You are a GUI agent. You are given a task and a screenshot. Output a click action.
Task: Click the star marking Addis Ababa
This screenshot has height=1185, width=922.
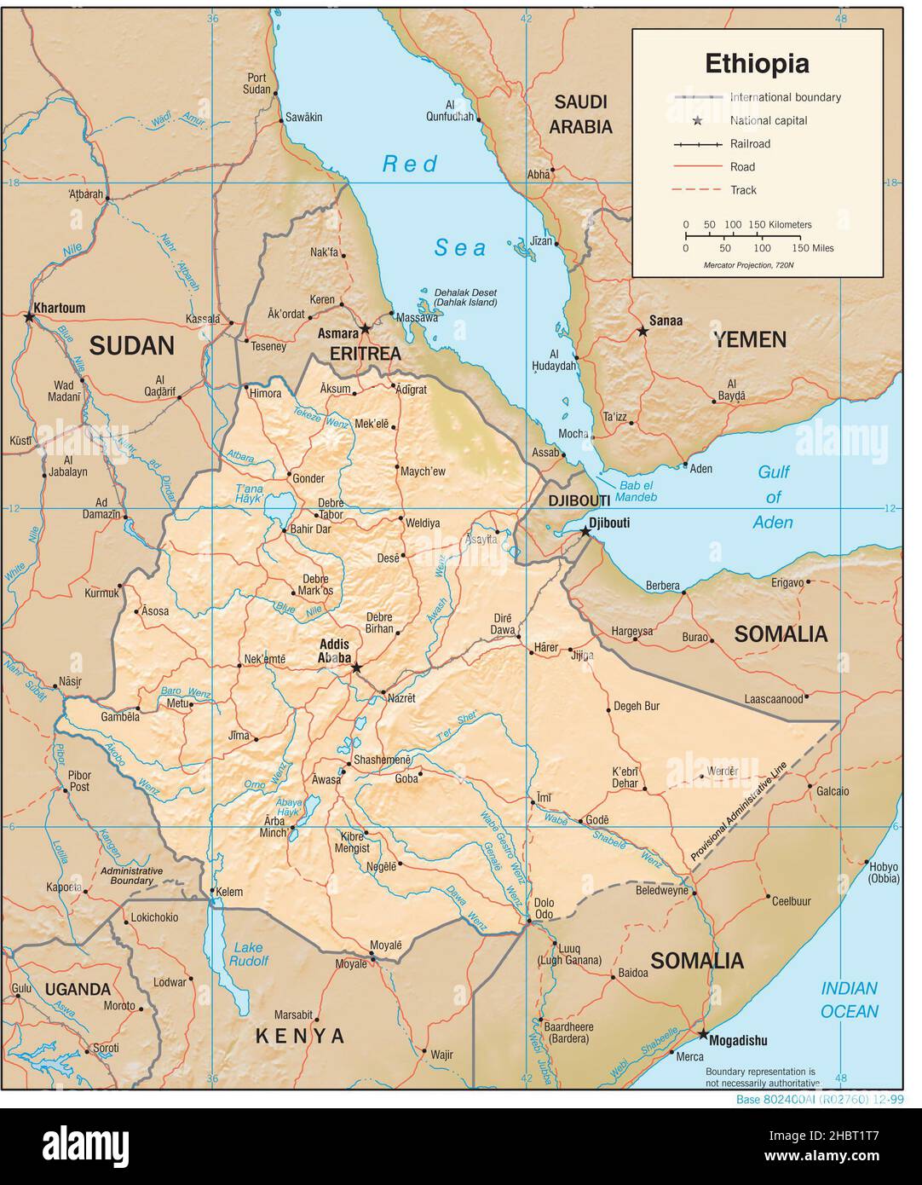click(356, 667)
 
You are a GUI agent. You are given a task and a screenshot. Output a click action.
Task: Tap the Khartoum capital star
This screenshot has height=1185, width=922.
click(30, 318)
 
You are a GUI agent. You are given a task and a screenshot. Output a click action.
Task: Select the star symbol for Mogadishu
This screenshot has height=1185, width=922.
click(703, 1035)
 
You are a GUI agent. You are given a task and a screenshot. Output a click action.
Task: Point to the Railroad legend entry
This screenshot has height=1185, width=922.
click(750, 144)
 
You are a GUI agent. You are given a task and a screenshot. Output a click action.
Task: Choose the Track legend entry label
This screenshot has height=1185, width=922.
click(743, 190)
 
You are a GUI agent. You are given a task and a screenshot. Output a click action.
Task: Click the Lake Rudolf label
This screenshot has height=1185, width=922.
click(249, 954)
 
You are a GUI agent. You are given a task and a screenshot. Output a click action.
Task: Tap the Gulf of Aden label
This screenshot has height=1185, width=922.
click(774, 497)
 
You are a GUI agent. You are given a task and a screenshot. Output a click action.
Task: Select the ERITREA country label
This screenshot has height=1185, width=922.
click(365, 353)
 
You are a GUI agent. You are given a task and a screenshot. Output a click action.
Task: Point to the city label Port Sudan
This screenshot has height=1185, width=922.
click(256, 83)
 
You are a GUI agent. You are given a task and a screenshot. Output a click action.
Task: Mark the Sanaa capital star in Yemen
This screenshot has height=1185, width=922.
click(643, 332)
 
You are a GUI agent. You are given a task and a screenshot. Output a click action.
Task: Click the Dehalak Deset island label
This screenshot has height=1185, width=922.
click(465, 297)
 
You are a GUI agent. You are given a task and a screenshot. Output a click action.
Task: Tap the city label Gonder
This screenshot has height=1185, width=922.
click(308, 478)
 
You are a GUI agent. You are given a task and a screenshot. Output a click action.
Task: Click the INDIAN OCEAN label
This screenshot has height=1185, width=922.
click(849, 1000)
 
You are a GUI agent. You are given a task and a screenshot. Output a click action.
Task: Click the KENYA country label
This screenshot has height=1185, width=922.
click(301, 1037)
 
